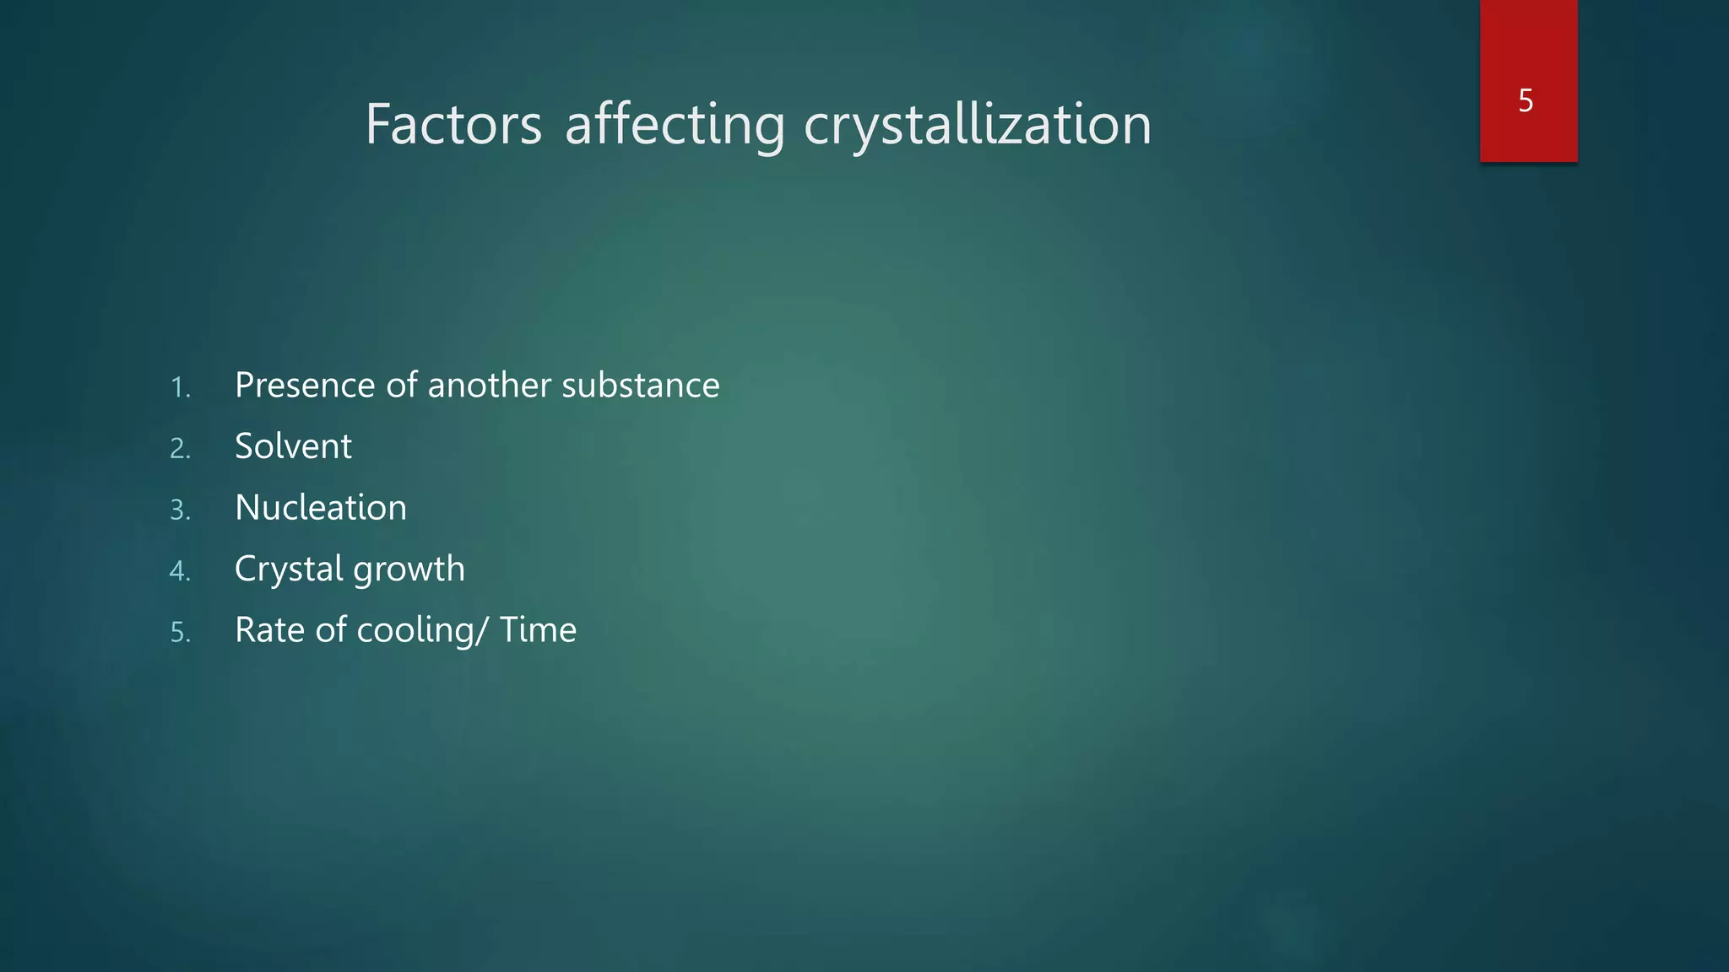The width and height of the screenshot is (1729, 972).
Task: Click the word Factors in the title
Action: tap(453, 125)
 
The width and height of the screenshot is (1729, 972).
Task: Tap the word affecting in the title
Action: tap(675, 125)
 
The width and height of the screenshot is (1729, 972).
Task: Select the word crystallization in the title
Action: tap(978, 125)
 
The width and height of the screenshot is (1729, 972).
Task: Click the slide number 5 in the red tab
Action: tap(1526, 100)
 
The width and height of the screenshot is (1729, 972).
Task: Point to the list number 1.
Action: tap(180, 387)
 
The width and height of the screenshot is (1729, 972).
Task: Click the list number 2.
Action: tap(180, 448)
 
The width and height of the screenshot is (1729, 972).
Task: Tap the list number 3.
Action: tap(180, 510)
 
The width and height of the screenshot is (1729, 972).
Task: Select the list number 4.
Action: tap(180, 571)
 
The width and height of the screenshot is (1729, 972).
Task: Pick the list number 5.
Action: tap(180, 632)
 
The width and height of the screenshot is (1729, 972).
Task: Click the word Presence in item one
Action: tap(305, 386)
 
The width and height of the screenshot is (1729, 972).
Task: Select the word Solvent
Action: tap(293, 446)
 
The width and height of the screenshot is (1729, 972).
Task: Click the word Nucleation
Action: tap(321, 508)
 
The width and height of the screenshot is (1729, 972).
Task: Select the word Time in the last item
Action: tap(538, 630)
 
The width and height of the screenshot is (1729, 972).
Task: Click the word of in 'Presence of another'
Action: tap(401, 386)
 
